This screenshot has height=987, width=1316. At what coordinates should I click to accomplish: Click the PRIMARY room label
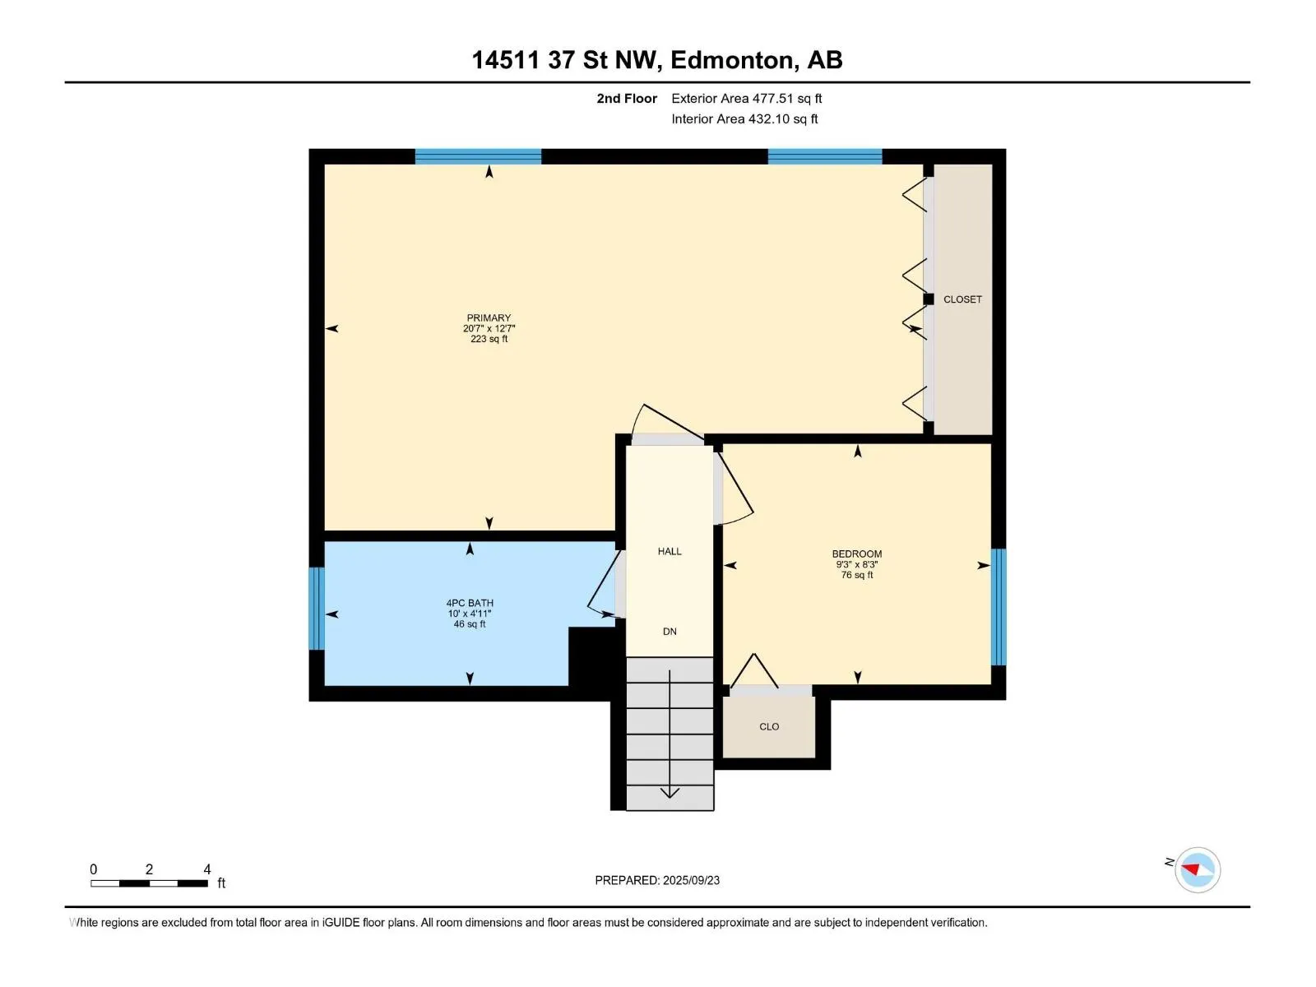click(489, 317)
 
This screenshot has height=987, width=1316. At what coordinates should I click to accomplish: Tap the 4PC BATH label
click(470, 603)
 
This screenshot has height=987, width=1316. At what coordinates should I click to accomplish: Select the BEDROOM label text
click(857, 554)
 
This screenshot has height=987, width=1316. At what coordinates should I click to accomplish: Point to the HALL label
click(670, 551)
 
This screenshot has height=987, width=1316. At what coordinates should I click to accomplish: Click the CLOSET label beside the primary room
click(962, 299)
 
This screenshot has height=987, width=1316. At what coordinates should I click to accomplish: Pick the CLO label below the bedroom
click(769, 726)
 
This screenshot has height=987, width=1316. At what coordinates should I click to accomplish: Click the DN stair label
click(670, 631)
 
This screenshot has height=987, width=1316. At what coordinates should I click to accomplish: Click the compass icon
click(1198, 869)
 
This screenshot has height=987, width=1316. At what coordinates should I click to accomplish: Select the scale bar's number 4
click(207, 869)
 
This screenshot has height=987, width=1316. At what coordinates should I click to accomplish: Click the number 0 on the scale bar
click(94, 869)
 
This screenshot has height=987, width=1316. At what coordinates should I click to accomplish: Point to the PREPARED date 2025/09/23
click(691, 880)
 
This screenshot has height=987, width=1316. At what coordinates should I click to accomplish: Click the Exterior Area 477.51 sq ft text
click(747, 98)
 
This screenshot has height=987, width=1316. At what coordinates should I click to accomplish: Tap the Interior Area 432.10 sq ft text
click(744, 118)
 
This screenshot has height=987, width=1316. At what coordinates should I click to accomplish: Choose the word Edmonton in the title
click(734, 60)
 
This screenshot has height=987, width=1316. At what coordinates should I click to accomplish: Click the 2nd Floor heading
click(627, 98)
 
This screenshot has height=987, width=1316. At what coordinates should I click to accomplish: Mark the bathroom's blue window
click(317, 609)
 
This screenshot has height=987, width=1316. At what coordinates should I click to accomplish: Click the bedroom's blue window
click(999, 606)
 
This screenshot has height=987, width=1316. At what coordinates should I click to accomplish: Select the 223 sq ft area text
click(489, 339)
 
